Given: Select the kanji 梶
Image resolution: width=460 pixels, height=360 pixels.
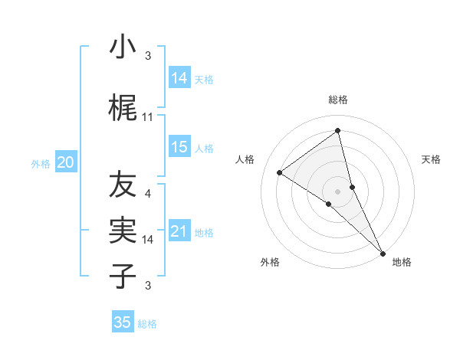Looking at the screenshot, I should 123,109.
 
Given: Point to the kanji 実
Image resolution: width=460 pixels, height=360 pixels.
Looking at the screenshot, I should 123,231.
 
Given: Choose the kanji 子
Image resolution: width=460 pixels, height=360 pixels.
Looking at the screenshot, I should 123,277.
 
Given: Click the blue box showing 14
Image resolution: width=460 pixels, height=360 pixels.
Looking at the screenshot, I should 179,78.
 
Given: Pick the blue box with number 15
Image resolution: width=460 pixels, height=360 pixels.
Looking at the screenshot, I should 179,147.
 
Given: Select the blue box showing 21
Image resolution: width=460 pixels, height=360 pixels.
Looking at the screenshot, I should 179,231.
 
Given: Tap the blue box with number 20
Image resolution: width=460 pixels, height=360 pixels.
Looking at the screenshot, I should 66,162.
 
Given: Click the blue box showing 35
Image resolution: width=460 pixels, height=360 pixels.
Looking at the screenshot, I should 123,322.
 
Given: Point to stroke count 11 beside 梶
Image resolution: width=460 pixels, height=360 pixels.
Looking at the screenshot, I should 148,117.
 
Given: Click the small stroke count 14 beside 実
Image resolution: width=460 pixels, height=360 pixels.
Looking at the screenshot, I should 148,240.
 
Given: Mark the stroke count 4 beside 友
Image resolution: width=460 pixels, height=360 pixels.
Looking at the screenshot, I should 148,194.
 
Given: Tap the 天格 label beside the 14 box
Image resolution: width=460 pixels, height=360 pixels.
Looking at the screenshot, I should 204,79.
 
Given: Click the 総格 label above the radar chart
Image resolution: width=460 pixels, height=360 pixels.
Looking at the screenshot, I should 338,100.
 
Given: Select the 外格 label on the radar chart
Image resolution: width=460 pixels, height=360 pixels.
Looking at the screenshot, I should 270,262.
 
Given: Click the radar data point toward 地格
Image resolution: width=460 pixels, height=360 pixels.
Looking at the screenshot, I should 383,252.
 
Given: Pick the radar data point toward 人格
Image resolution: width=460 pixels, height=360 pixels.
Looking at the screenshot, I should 280,172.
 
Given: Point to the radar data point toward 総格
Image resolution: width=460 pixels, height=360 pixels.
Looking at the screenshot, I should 338,131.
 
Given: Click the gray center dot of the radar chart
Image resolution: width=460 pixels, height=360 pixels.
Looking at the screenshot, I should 338,191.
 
